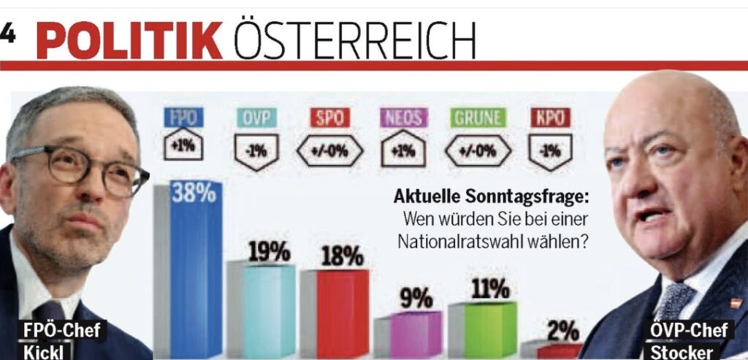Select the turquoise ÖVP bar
(x=268, y=310)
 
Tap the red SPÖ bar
(x=342, y=314)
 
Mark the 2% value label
(x=562, y=331)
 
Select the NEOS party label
(x=402, y=117)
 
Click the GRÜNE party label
(x=477, y=117)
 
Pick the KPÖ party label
(x=550, y=117)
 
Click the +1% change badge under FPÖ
(x=183, y=144)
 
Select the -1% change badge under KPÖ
(x=550, y=152)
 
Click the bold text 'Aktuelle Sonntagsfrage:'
(x=491, y=196)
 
